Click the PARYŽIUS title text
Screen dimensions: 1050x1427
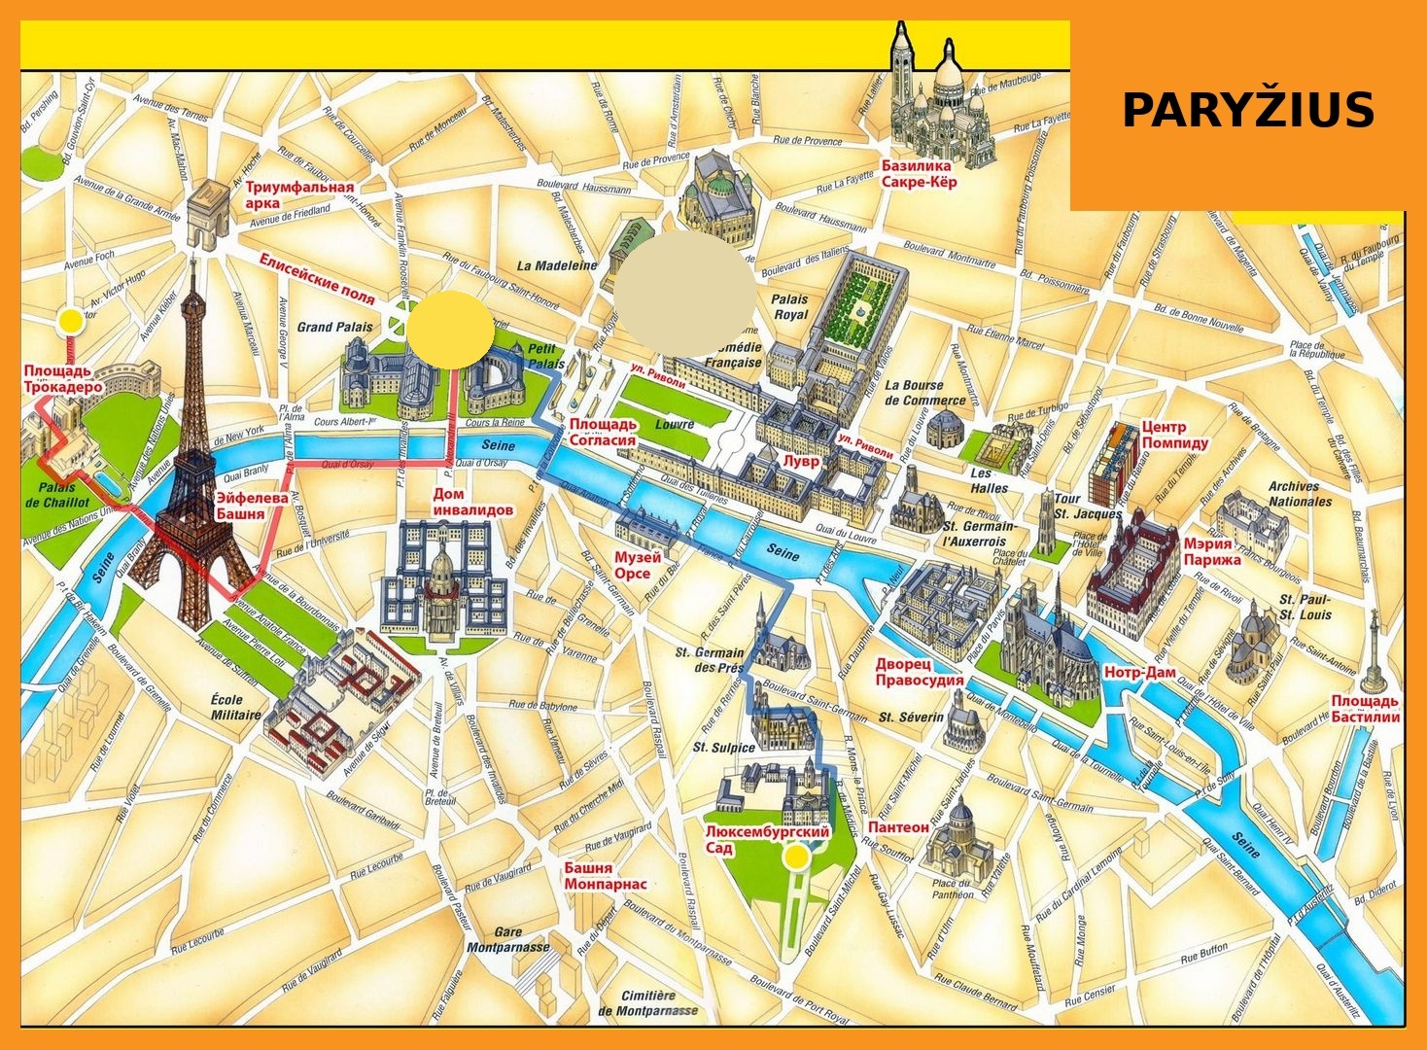[x=1247, y=110]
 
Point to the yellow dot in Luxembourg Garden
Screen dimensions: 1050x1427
[x=797, y=857]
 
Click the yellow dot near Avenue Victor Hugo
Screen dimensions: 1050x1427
[x=69, y=321]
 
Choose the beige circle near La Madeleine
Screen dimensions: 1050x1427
[x=685, y=294]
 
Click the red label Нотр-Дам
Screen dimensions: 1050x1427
[x=1139, y=673]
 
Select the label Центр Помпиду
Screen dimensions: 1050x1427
[x=1174, y=435]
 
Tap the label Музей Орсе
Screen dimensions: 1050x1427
[x=638, y=565]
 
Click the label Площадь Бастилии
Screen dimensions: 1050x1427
[x=1365, y=709]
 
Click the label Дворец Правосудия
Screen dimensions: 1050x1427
[x=919, y=672]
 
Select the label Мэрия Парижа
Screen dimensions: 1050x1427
[x=1211, y=551]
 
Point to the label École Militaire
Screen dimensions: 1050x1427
[x=236, y=707]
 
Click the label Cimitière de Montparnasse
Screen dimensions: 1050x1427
[x=648, y=1002]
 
